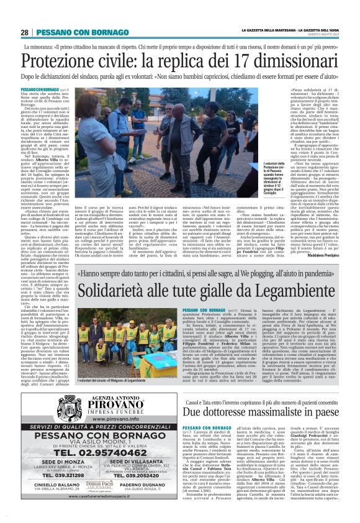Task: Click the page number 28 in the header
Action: tap(24, 32)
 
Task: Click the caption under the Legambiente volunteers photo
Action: tap(101, 364)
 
